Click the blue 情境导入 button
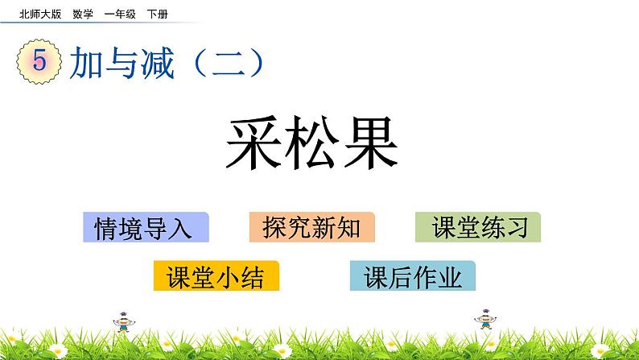(145, 228)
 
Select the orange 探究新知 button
(311, 228)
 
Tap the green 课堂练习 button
(478, 228)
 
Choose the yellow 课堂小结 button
(216, 276)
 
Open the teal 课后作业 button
(413, 276)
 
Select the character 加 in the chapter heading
(85, 63)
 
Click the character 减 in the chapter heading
(157, 63)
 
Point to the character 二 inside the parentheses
(229, 63)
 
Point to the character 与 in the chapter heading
(121, 63)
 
